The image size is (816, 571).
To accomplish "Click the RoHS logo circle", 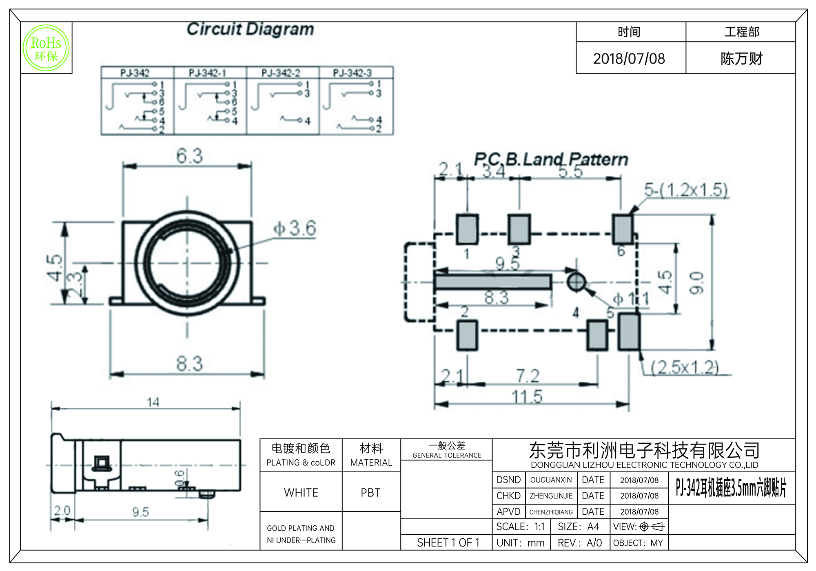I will click(46, 48).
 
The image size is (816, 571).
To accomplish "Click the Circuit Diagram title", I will click(250, 29).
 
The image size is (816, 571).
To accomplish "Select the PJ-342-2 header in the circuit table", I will click(281, 73).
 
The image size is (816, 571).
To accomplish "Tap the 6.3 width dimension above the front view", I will click(189, 156).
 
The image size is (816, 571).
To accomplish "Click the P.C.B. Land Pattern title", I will click(550, 159).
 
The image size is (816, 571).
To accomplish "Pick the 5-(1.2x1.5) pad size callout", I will click(685, 190).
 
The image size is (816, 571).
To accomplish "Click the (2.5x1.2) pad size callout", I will click(685, 367).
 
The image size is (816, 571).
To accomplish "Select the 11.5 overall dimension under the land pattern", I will click(527, 396).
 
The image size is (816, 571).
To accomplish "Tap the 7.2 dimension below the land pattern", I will click(528, 376).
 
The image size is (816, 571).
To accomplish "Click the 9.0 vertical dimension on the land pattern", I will click(696, 283).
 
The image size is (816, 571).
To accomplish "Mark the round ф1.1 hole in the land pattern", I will click(576, 282).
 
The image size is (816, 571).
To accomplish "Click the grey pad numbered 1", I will click(467, 229).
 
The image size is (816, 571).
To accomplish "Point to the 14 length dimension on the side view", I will click(153, 402).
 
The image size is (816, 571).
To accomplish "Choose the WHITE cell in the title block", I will click(301, 493).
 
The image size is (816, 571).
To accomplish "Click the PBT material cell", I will click(370, 493).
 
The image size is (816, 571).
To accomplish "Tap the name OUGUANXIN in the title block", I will click(551, 480).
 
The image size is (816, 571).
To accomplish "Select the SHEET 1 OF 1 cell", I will click(448, 543).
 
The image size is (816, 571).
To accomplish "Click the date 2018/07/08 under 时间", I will click(629, 59).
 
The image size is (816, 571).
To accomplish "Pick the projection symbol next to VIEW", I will click(652, 527).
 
